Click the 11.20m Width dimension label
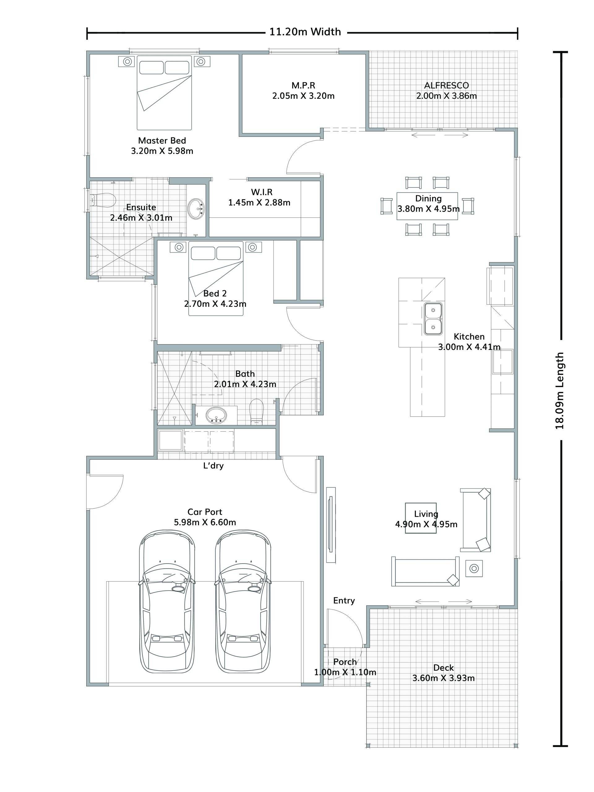(x=305, y=32)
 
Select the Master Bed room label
(x=162, y=141)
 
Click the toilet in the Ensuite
(x=103, y=200)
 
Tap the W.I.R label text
(x=262, y=192)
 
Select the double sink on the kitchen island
(x=433, y=319)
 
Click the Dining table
(x=427, y=206)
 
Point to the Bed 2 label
(x=215, y=294)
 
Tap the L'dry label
(x=213, y=466)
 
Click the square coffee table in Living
(x=421, y=518)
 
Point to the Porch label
(x=345, y=662)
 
